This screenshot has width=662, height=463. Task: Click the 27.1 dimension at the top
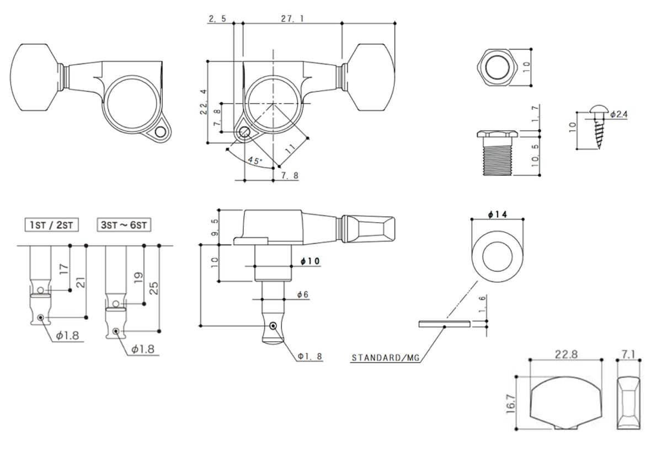292,19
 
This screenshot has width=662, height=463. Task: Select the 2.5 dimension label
217,19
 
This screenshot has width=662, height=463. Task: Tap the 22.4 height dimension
204,102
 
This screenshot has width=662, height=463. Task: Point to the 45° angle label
255,160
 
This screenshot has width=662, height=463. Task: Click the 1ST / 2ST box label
52,225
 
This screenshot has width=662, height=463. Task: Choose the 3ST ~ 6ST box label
124,225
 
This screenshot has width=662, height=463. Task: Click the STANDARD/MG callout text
386,358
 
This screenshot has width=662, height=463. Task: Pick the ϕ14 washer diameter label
498,214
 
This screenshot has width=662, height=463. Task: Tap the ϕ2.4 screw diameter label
619,114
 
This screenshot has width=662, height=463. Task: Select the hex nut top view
498,67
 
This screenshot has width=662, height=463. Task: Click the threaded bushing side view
498,153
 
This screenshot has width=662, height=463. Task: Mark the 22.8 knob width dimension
566,354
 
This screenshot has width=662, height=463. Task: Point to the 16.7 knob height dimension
511,403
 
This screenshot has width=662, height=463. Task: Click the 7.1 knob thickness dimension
628,354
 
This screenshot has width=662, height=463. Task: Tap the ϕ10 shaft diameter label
310,261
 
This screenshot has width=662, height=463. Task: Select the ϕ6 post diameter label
303,294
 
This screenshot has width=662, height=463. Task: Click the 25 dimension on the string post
154,288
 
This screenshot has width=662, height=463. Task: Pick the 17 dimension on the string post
64,269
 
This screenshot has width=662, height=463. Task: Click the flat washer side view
444,324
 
